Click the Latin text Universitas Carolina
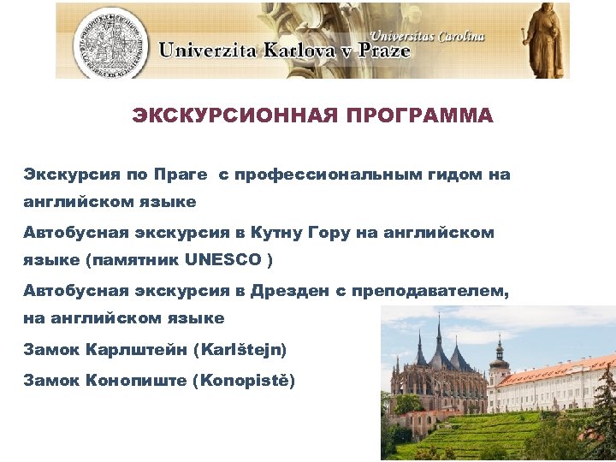[x=429, y=36]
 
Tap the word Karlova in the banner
[x=281, y=50]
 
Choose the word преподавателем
[x=428, y=291]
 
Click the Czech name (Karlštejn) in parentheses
[x=240, y=349]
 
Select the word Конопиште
[x=138, y=378]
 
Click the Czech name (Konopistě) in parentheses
[x=245, y=378]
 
